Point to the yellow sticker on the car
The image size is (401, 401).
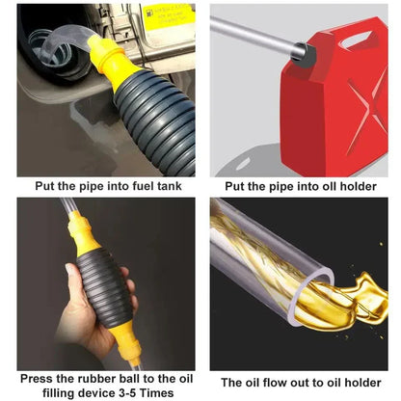point(165,18)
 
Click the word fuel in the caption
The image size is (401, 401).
point(129,186)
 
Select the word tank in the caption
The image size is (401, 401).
point(164,186)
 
